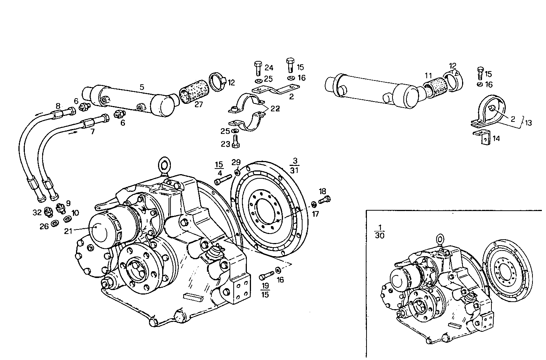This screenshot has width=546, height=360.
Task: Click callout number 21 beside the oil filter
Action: coord(68,231)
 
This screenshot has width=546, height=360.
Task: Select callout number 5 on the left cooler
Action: coord(141,87)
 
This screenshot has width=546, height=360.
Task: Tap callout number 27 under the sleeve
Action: coord(198,105)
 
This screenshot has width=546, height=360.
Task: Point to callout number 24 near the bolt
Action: coord(269,68)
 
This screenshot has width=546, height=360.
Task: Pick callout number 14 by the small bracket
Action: coord(496,138)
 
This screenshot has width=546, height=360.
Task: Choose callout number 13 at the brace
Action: coord(529,123)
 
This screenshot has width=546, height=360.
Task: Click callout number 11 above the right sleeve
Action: coord(428,75)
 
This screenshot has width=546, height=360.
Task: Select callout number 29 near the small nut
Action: coord(236,162)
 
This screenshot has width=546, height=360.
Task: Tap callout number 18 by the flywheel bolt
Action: coord(322,191)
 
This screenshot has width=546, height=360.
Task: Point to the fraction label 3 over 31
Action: coord(294,166)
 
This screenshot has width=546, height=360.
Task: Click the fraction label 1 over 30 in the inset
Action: coord(380,231)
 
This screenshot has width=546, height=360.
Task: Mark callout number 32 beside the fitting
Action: coord(37,212)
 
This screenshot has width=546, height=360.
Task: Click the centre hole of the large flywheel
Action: coord(266,214)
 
